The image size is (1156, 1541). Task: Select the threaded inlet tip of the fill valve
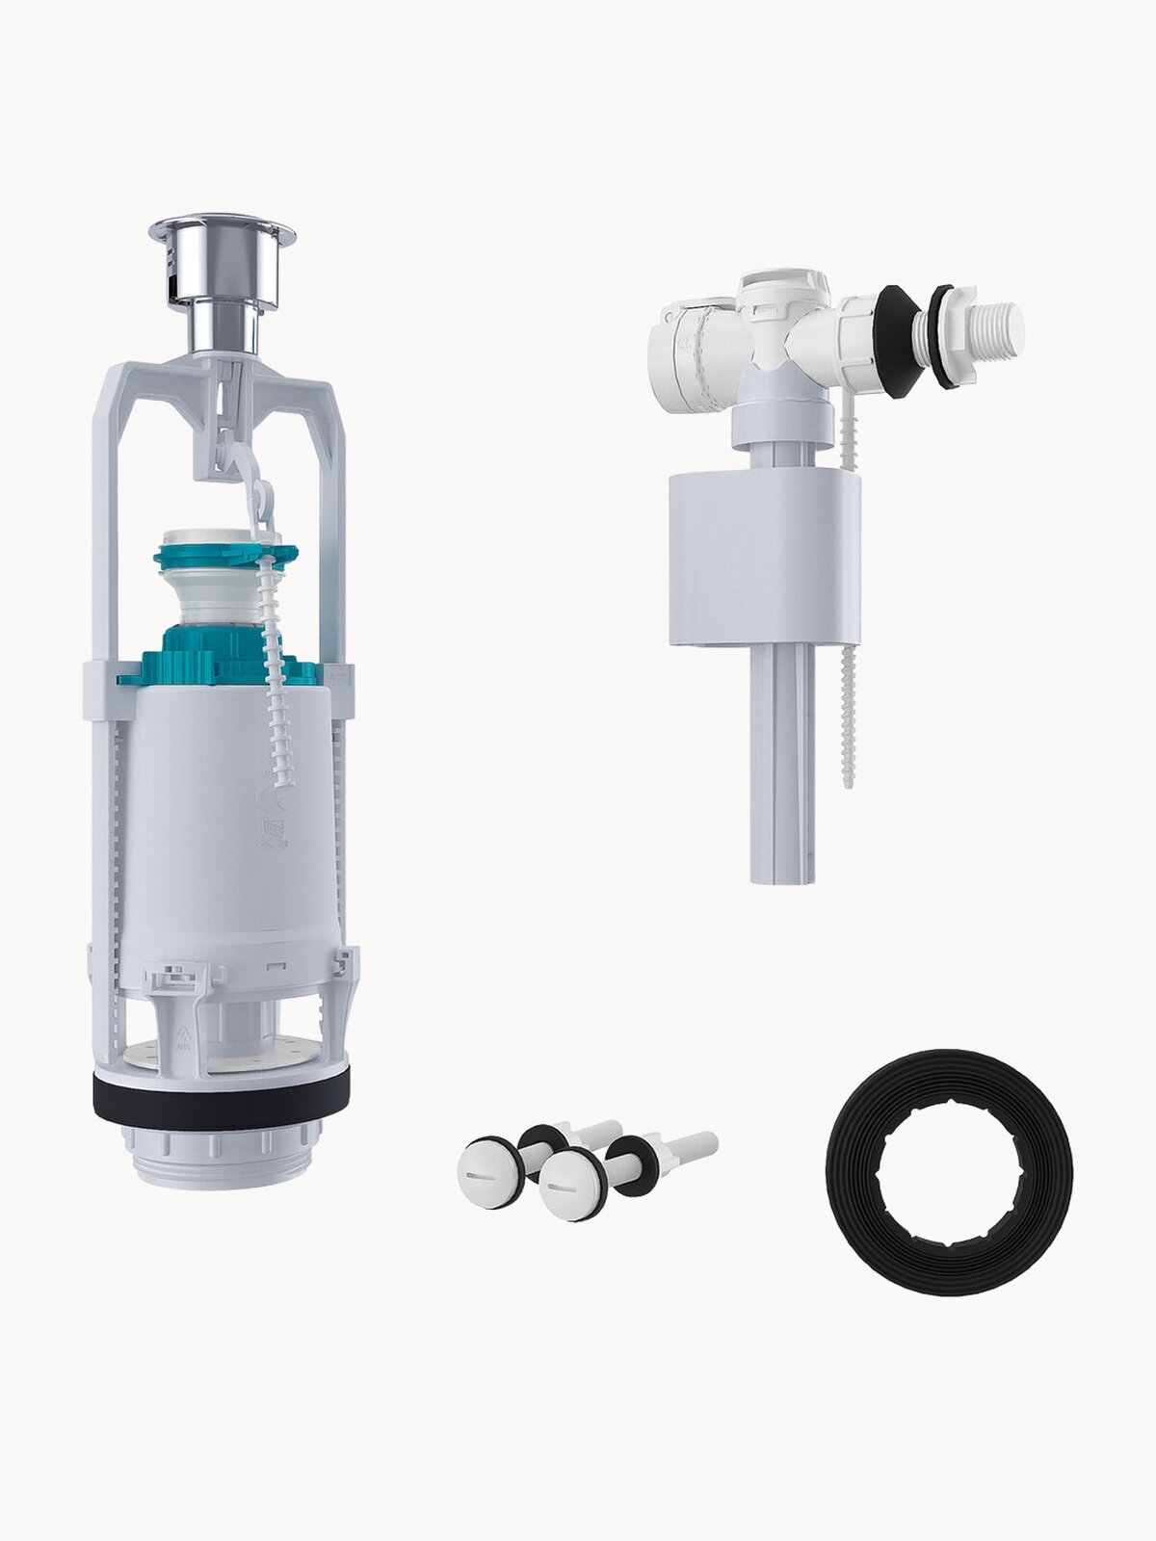pos(998,327)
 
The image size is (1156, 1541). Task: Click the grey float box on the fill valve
pos(763,559)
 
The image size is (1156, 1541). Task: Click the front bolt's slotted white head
pos(566,1185)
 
